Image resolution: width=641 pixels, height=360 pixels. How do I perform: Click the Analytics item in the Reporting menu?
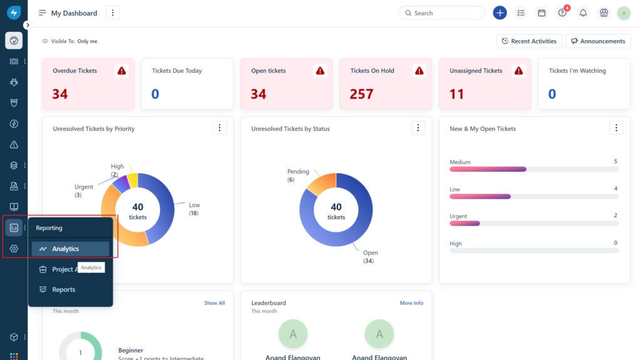point(65,249)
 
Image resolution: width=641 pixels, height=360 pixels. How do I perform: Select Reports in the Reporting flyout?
point(63,289)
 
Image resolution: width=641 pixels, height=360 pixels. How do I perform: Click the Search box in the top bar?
point(442,13)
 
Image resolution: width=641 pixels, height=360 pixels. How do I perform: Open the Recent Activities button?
point(529,41)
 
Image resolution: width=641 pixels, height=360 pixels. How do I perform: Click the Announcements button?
point(598,41)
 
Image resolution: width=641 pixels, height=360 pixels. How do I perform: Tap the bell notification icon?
point(583,13)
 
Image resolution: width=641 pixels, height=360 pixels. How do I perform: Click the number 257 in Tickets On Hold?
point(362,94)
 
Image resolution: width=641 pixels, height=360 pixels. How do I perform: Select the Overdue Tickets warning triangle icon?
point(122,71)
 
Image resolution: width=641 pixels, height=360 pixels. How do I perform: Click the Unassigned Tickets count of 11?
point(457,94)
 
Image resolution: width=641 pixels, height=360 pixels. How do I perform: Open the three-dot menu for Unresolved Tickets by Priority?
point(219,128)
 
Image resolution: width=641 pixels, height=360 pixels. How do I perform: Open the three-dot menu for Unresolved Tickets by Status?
point(418,128)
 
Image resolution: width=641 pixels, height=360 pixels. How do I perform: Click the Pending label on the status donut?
point(299,172)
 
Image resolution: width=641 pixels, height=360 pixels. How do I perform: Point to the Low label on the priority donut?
point(195,205)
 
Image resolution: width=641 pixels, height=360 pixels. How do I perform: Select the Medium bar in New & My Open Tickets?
point(488,169)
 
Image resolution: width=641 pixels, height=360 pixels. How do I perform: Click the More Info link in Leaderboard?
point(411,303)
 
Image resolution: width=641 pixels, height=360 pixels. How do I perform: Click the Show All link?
point(214,303)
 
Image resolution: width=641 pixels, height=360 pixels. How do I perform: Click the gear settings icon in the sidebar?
point(14,249)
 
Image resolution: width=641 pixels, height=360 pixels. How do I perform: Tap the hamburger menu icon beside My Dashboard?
point(43,13)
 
